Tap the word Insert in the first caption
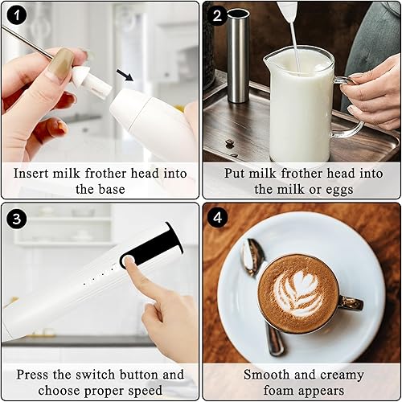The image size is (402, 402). tap(32, 173)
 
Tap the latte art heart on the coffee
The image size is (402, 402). tap(298, 292)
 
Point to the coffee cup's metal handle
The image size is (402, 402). tap(350, 303)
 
